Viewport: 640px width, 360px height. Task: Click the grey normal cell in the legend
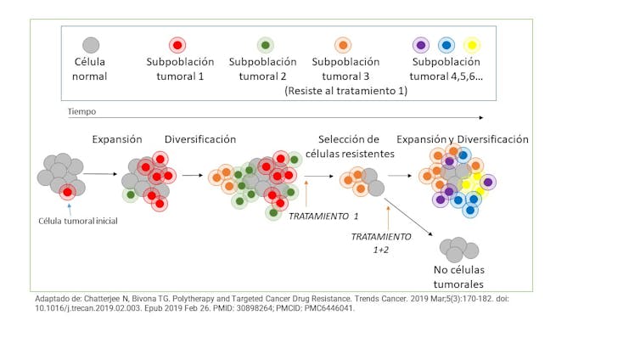pos(91,45)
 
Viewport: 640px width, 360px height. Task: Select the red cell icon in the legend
pos(177,45)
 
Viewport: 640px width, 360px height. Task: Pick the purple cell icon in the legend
pos(419,45)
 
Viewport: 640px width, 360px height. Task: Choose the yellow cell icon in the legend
pos(472,45)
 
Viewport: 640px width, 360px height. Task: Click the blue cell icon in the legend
pos(446,45)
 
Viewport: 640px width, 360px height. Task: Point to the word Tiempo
pos(82,110)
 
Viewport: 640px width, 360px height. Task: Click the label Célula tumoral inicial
pos(78,221)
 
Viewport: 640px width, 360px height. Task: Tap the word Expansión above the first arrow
pos(116,139)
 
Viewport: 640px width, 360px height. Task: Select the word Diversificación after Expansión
pos(200,139)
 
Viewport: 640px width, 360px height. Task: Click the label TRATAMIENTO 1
pos(323,217)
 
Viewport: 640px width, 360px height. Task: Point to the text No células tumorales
pos(458,278)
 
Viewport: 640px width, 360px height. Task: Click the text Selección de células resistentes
pos(355,146)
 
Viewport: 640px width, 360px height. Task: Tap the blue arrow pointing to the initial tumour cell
pos(68,207)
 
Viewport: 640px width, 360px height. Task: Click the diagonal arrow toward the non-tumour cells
pos(409,217)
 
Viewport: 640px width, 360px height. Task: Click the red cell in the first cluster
pos(68,192)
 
